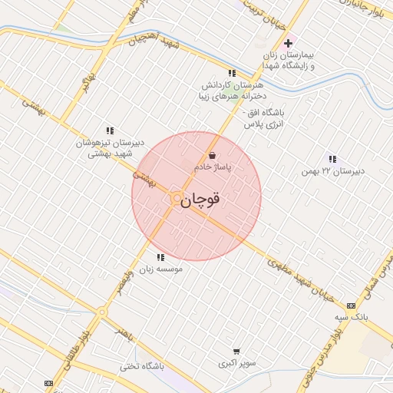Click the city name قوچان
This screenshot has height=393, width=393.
tap(201, 200)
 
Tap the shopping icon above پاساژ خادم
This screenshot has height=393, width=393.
tap(212, 155)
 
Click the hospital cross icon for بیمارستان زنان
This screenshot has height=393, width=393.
tap(288, 43)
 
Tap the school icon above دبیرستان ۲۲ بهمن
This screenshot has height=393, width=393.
tap(332, 159)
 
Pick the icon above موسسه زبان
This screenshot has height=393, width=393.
tap(160, 258)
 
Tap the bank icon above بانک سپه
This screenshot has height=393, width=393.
tap(352, 305)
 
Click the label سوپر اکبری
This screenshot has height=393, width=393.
tap(236, 362)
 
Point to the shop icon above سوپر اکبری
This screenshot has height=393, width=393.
tap(236, 351)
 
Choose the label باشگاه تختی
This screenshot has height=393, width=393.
tap(142, 367)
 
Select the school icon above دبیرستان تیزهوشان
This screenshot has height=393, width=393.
tap(110, 130)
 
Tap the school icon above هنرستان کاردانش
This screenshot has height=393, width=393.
tap(232, 73)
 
